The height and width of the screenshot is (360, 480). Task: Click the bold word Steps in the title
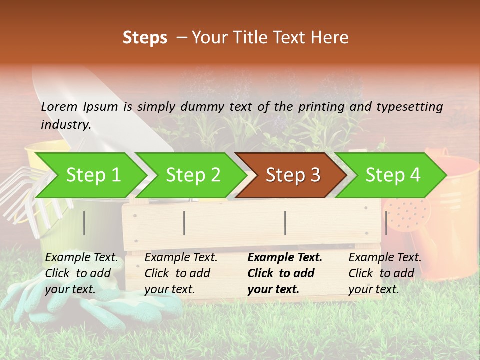pyautogui.click(x=145, y=38)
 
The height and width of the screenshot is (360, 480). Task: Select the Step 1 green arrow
pyautogui.click(x=93, y=175)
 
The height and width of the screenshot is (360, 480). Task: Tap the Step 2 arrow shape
pyautogui.click(x=193, y=175)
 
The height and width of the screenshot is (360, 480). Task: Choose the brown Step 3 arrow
pyautogui.click(x=292, y=175)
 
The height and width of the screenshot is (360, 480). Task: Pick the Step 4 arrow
pyautogui.click(x=392, y=175)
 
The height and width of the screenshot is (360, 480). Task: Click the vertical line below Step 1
pyautogui.click(x=84, y=223)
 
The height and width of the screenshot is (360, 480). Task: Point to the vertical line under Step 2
pyautogui.click(x=184, y=223)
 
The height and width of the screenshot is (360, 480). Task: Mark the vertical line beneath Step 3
pyautogui.click(x=285, y=223)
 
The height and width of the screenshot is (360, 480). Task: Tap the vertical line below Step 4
pyautogui.click(x=386, y=223)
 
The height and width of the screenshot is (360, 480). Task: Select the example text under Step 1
pyautogui.click(x=81, y=273)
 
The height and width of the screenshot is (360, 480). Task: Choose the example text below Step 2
pyautogui.click(x=181, y=273)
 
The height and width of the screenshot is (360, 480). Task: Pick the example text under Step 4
pyautogui.click(x=385, y=273)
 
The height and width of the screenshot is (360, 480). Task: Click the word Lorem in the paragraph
pyautogui.click(x=59, y=107)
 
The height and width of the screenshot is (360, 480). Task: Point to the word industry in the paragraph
pyautogui.click(x=65, y=125)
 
